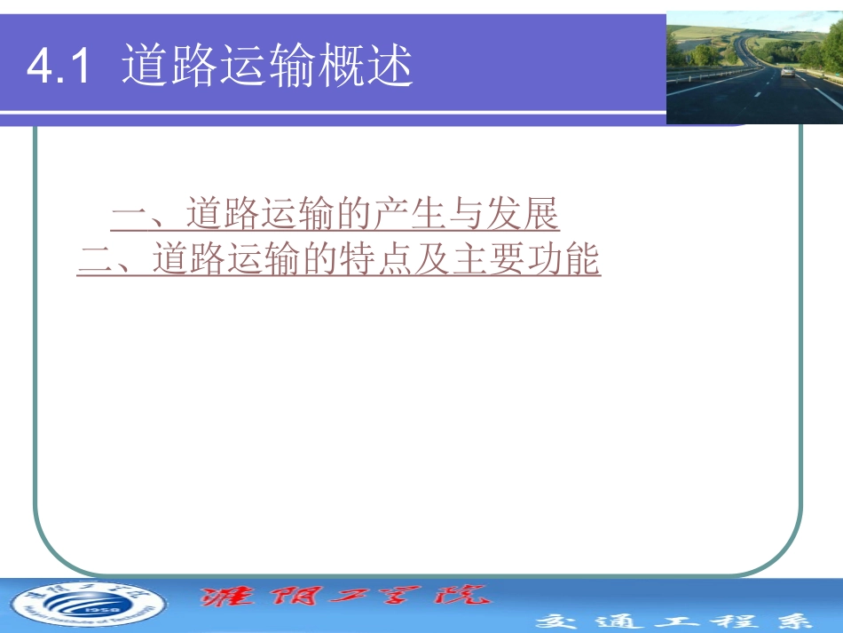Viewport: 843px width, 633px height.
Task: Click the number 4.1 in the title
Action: point(59,67)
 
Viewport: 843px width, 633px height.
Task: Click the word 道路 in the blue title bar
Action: point(169,65)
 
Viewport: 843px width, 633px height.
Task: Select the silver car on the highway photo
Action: point(787,72)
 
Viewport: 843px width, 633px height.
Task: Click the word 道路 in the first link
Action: point(223,216)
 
